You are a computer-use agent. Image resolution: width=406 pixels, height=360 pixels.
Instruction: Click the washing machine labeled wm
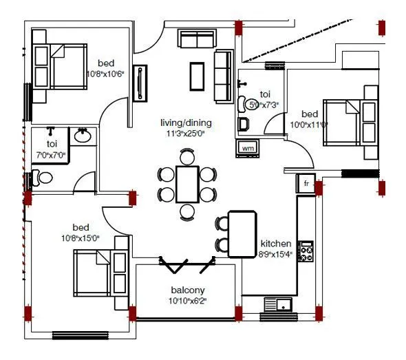[x=248, y=147]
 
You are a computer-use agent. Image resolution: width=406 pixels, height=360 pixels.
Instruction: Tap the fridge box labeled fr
[x=305, y=184]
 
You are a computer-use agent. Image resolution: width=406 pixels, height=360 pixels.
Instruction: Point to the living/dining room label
[x=186, y=123]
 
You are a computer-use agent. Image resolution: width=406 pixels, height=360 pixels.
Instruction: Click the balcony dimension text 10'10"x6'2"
[x=188, y=301]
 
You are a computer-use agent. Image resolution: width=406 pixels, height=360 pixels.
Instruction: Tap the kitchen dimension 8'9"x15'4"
[x=276, y=254]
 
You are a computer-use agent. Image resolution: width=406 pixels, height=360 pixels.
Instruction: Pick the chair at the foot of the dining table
[x=187, y=210]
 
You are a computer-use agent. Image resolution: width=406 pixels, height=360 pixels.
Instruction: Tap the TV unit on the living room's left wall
[x=141, y=81]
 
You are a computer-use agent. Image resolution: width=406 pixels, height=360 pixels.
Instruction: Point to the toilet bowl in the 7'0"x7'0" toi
[x=42, y=178]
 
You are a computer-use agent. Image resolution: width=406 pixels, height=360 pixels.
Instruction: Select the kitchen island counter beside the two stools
[x=242, y=234]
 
